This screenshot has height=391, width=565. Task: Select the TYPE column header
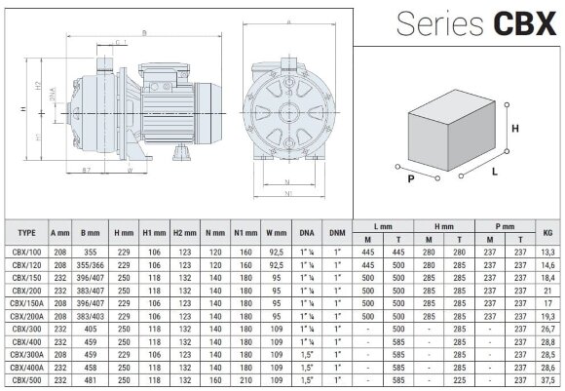tap(27, 233)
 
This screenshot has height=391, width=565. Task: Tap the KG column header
tap(546, 233)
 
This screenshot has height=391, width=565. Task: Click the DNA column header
tap(306, 233)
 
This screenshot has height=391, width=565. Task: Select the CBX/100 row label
tap(27, 251)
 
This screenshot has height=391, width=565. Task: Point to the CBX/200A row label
tap(27, 317)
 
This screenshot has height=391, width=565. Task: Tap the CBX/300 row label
tap(27, 330)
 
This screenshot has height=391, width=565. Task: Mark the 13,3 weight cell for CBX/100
tap(546, 251)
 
